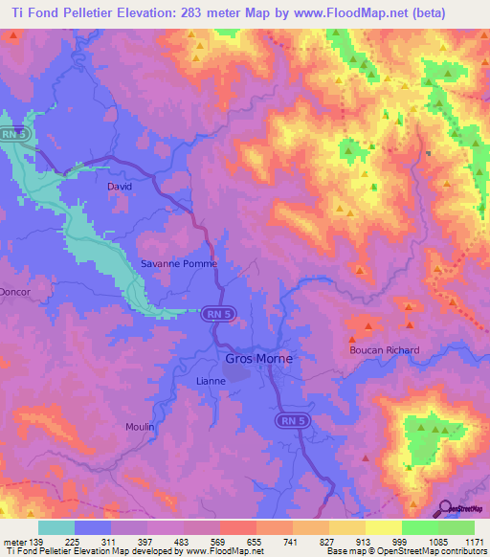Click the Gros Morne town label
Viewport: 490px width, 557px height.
(258, 359)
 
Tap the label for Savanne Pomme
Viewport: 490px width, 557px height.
(180, 264)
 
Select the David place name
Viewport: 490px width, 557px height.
(120, 187)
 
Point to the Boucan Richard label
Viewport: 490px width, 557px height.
(384, 350)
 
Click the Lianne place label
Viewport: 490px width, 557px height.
(210, 380)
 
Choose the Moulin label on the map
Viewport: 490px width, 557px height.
(139, 426)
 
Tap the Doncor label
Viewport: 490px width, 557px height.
(15, 291)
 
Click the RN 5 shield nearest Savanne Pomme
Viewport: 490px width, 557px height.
(216, 313)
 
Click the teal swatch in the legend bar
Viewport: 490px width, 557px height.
(56, 527)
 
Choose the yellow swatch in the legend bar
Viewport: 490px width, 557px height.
(383, 527)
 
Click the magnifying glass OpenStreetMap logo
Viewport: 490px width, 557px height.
(446, 507)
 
